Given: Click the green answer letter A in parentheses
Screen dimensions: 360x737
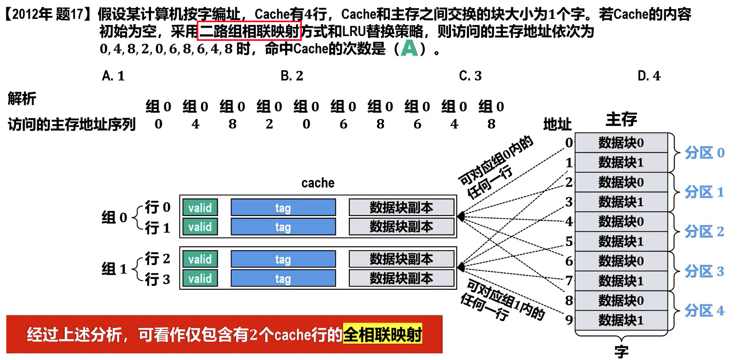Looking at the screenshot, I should point(409,48).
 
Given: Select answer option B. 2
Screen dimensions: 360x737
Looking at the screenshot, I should point(292,76).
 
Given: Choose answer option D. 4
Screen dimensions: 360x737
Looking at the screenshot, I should point(649,76).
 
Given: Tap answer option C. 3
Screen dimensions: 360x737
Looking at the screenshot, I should point(470,76).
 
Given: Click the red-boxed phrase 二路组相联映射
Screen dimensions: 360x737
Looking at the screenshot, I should point(249,31).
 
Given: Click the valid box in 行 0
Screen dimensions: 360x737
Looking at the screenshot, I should point(200,207).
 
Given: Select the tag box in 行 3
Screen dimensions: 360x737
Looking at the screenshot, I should point(283,279).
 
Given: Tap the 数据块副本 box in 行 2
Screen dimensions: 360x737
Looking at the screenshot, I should point(401,259).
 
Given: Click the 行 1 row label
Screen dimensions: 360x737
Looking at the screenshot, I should point(157,228).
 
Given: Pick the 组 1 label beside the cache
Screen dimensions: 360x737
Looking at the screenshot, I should point(114,269).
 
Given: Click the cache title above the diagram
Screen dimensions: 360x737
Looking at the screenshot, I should point(318,183).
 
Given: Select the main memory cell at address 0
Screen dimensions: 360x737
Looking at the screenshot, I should point(621,143).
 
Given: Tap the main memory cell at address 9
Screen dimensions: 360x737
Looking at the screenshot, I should point(621,320).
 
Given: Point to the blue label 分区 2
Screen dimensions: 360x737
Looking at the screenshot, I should point(704,232).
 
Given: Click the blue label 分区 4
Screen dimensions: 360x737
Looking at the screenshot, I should point(704,310).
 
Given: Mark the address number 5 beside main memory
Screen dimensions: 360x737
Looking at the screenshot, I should point(569,241).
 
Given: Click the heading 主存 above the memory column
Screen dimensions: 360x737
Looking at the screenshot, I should point(621,119).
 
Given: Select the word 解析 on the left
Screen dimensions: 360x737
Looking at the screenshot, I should point(22,98).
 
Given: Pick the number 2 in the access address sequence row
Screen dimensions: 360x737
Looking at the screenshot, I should point(269,124).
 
